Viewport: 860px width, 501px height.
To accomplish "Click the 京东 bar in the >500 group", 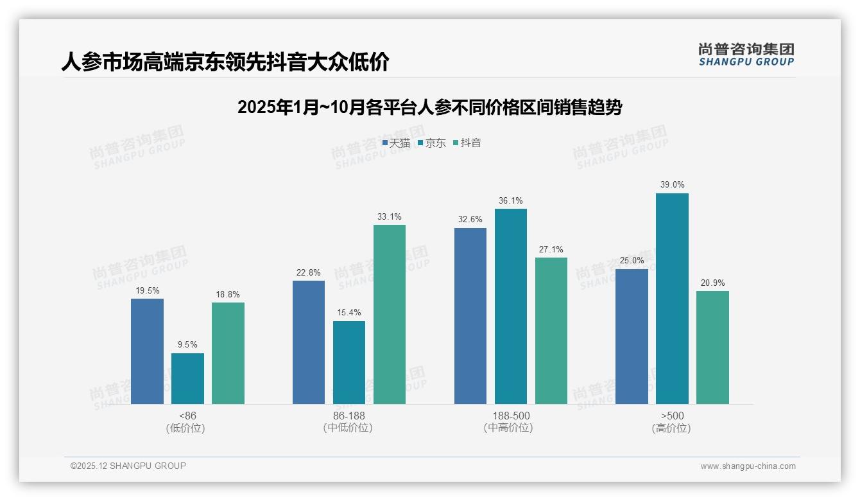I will (x=672, y=299).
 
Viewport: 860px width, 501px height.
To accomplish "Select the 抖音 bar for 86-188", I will (x=390, y=315).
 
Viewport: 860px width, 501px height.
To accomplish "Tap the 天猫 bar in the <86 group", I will (x=147, y=351).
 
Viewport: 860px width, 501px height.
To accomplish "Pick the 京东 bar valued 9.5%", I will (x=187, y=378).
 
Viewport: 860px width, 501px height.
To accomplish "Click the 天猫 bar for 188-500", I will (x=470, y=316).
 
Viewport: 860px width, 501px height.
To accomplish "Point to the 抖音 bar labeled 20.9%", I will (x=712, y=347).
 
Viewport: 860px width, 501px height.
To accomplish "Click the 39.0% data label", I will (x=672, y=185).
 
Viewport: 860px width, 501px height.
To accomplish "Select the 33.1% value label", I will (x=390, y=216).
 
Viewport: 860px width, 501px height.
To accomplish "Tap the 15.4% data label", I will (x=349, y=313).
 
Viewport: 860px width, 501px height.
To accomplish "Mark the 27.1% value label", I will (x=551, y=249).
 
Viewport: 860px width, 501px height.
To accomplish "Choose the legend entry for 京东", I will (x=431, y=143).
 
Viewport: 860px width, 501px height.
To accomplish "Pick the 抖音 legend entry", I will (x=467, y=143).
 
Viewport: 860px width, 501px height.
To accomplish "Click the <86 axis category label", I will (x=187, y=416).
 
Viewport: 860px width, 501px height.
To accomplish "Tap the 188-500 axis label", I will (x=511, y=416).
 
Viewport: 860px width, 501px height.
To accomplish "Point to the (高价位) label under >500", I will (x=672, y=428).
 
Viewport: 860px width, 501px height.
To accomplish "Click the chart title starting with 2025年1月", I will (x=429, y=107).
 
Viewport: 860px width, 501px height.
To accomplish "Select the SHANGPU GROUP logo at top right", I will (x=746, y=55).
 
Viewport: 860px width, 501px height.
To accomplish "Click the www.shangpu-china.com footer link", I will (x=748, y=466).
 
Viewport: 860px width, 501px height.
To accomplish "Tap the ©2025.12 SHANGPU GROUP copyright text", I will (x=128, y=466).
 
